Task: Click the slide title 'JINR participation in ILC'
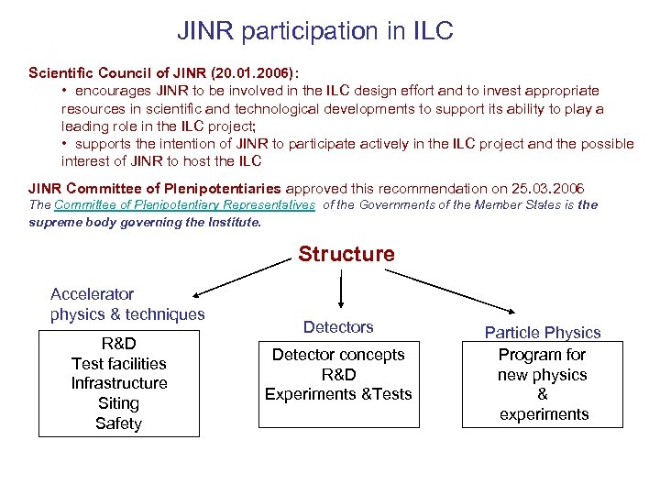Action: pyautogui.click(x=315, y=31)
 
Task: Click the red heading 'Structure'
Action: pyautogui.click(x=346, y=254)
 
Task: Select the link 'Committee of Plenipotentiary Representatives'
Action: pyautogui.click(x=185, y=205)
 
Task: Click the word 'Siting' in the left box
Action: pyautogui.click(x=119, y=403)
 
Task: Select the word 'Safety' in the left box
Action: pyautogui.click(x=119, y=423)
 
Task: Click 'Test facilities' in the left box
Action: pyautogui.click(x=119, y=364)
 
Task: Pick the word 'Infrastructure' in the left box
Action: pyautogui.click(x=119, y=383)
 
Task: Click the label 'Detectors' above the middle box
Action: pyautogui.click(x=338, y=327)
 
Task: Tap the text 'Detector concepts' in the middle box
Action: pyautogui.click(x=338, y=355)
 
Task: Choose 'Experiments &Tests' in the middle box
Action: pyautogui.click(x=338, y=394)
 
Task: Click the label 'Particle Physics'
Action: pyautogui.click(x=543, y=333)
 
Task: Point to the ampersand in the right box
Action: pyautogui.click(x=543, y=394)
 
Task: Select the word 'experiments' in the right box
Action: pyautogui.click(x=544, y=414)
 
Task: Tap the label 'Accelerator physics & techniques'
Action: pyautogui.click(x=127, y=304)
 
